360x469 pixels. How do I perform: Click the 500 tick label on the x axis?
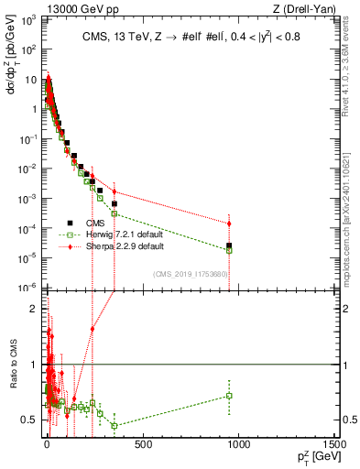142,444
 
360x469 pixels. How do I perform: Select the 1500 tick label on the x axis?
333,444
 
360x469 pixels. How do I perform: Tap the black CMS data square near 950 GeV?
229,245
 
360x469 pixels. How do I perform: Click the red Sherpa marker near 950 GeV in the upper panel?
229,224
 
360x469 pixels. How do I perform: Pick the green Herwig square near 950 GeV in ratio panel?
229,396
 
